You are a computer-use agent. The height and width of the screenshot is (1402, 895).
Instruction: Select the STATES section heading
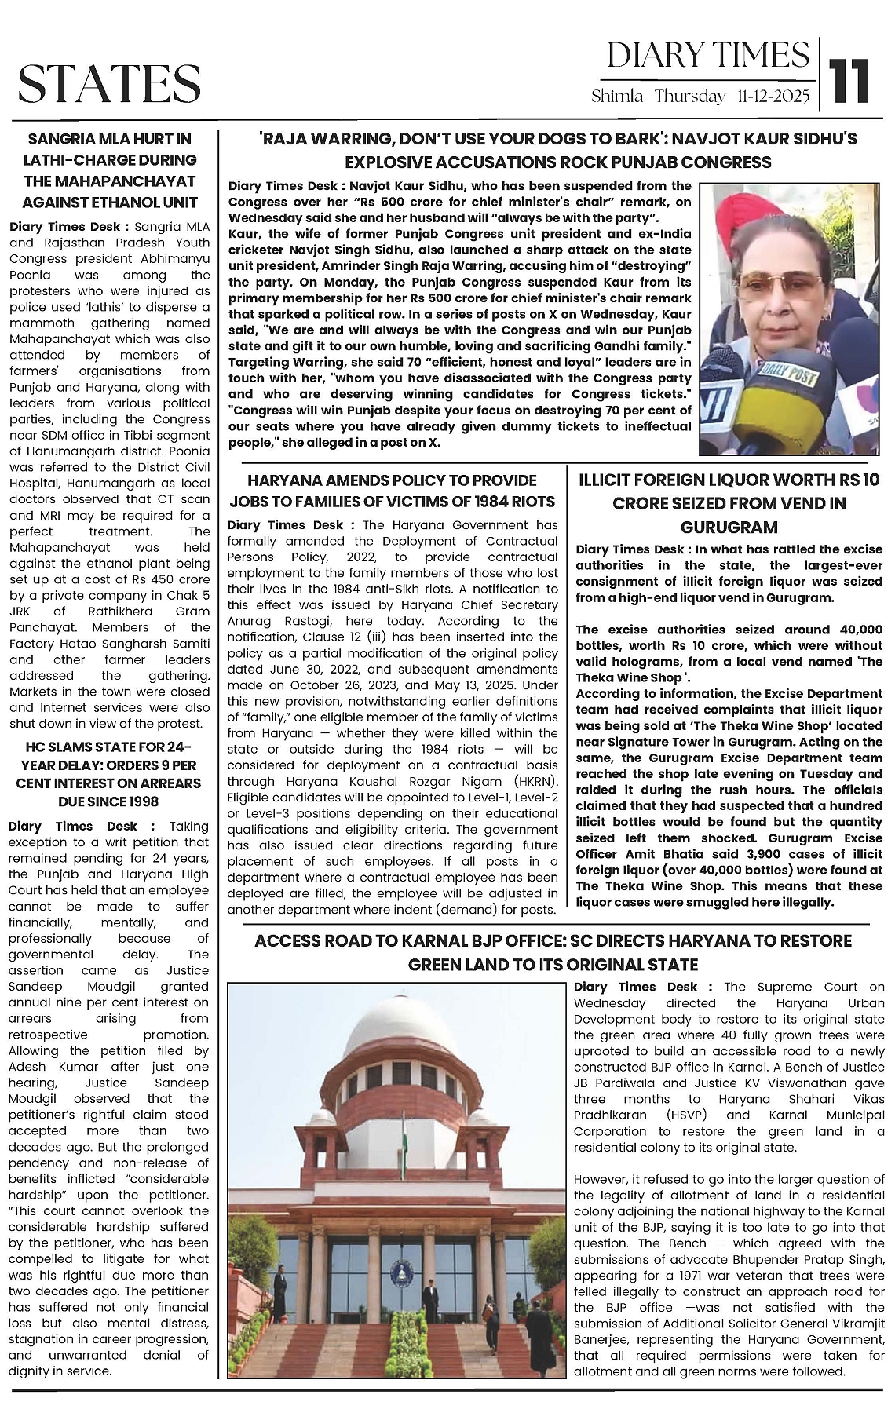pyautogui.click(x=109, y=84)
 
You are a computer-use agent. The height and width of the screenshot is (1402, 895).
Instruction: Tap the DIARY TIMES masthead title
pyautogui.click(x=707, y=55)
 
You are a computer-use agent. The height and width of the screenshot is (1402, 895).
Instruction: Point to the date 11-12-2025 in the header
pyautogui.click(x=773, y=97)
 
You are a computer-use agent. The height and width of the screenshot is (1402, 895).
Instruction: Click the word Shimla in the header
pyautogui.click(x=617, y=97)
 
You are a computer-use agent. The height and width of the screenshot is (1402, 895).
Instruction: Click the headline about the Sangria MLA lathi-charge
pyautogui.click(x=109, y=170)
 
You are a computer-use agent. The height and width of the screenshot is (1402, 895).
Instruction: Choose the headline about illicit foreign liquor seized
pyautogui.click(x=729, y=503)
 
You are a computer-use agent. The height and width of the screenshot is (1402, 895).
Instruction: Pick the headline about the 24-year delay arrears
pyautogui.click(x=109, y=773)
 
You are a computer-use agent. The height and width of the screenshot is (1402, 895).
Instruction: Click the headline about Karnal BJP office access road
pyautogui.click(x=553, y=951)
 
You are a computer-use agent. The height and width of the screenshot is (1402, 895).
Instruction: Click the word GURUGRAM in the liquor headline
pyautogui.click(x=729, y=527)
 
